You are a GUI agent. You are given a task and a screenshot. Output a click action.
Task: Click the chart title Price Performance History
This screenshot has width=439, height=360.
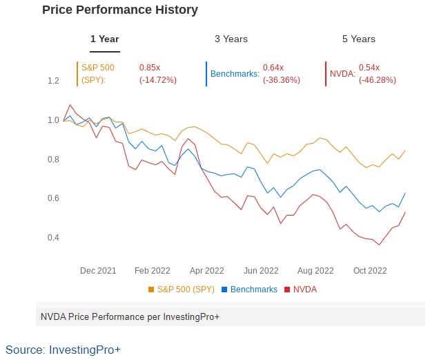point(120,10)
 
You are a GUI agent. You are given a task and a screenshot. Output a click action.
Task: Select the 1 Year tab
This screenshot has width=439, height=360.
point(105,39)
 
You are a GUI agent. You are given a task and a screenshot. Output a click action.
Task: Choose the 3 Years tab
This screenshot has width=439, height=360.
point(231,39)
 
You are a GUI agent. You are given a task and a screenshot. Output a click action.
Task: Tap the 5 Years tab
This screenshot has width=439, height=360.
point(359,39)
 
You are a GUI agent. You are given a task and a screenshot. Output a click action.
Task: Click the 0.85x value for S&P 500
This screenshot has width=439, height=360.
point(150,68)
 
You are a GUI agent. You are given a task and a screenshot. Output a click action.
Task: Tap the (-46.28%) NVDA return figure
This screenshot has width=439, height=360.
point(378,80)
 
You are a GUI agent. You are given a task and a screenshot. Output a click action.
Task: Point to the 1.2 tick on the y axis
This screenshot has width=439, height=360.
point(53,81)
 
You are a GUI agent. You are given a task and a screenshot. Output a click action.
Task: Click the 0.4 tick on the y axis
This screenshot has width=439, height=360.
point(53,238)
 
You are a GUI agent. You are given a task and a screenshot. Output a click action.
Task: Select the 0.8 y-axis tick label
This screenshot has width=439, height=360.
point(53,160)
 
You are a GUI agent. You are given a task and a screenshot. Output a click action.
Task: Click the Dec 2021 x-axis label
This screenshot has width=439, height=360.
point(97,271)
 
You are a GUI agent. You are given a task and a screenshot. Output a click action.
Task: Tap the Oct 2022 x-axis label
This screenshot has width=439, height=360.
point(369,271)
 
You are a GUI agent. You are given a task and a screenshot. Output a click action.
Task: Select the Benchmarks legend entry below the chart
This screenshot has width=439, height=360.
point(253,290)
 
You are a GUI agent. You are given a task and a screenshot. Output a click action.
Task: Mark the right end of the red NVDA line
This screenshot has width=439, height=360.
point(405,212)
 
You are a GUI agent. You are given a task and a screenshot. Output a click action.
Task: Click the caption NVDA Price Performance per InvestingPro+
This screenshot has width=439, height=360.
point(130,316)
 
